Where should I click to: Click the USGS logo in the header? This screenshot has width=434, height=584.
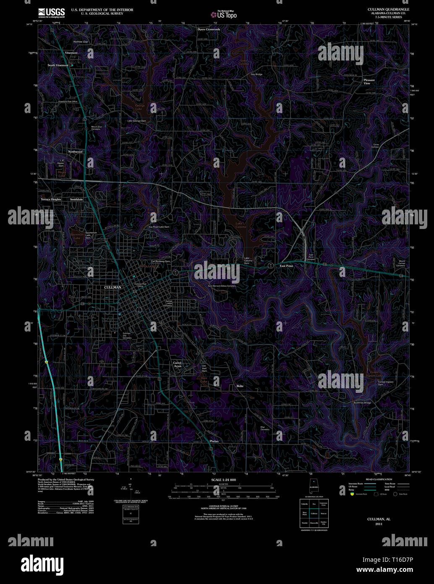pyautogui.click(x=51, y=12)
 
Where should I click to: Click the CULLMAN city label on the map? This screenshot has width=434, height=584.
pyautogui.click(x=112, y=287)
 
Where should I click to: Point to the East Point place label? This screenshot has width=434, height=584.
pyautogui.click(x=286, y=266)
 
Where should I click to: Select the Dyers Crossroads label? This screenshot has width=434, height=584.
pyautogui.click(x=209, y=29)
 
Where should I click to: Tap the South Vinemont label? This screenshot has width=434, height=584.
pyautogui.click(x=58, y=65)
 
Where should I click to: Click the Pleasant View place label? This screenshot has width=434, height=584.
pyautogui.click(x=369, y=82)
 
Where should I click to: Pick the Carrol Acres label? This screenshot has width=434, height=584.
pyautogui.click(x=177, y=364)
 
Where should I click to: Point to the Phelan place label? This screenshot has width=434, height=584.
pyautogui.click(x=214, y=441)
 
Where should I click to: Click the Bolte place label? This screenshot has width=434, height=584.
pyautogui.click(x=240, y=386)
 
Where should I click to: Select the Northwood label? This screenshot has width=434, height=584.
pyautogui.click(x=75, y=151)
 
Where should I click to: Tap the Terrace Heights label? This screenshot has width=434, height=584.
pyautogui.click(x=51, y=199)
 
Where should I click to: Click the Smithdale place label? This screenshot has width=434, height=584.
pyautogui.click(x=76, y=199)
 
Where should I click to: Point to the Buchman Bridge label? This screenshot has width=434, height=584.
pyautogui.click(x=362, y=403)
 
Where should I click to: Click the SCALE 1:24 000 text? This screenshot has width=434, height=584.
pyautogui.click(x=223, y=480)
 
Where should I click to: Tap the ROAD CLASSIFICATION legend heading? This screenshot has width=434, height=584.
pyautogui.click(x=379, y=479)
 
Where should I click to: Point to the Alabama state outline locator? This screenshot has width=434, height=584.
pyautogui.click(x=313, y=486)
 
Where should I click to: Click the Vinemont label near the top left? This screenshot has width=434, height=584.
pyautogui.click(x=71, y=53)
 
